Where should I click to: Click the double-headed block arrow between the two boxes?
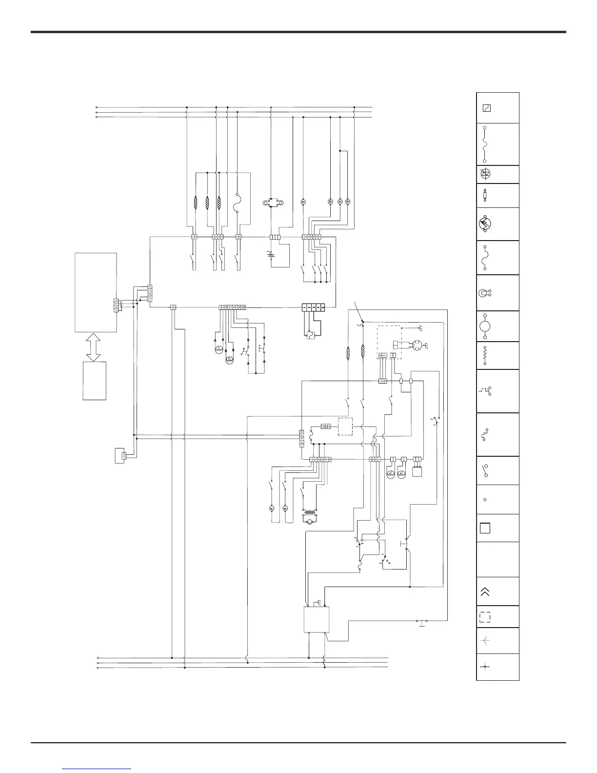[95, 347]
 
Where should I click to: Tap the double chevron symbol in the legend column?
[485, 591]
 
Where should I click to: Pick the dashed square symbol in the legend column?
[485, 617]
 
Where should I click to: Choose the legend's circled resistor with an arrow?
[485, 224]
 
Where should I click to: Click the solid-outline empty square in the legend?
[484, 528]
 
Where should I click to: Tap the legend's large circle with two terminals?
[485, 325]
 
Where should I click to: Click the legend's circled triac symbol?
[485, 174]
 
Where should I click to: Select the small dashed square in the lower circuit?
[345, 427]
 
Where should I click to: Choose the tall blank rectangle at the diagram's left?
[96, 292]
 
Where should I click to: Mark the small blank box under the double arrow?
[95, 381]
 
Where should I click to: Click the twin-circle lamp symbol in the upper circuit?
[271, 202]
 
